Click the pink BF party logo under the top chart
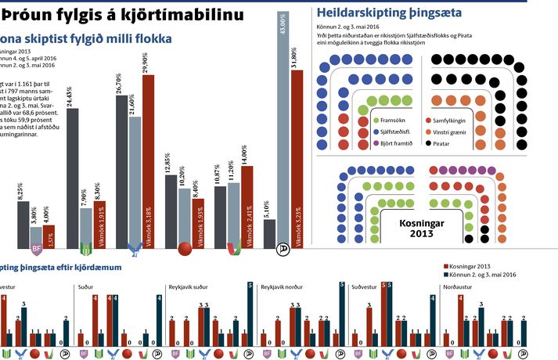(35, 250)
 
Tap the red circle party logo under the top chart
(185, 250)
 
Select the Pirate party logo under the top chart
(283, 250)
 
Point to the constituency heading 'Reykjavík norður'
(283, 288)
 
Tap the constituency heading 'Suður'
(86, 288)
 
